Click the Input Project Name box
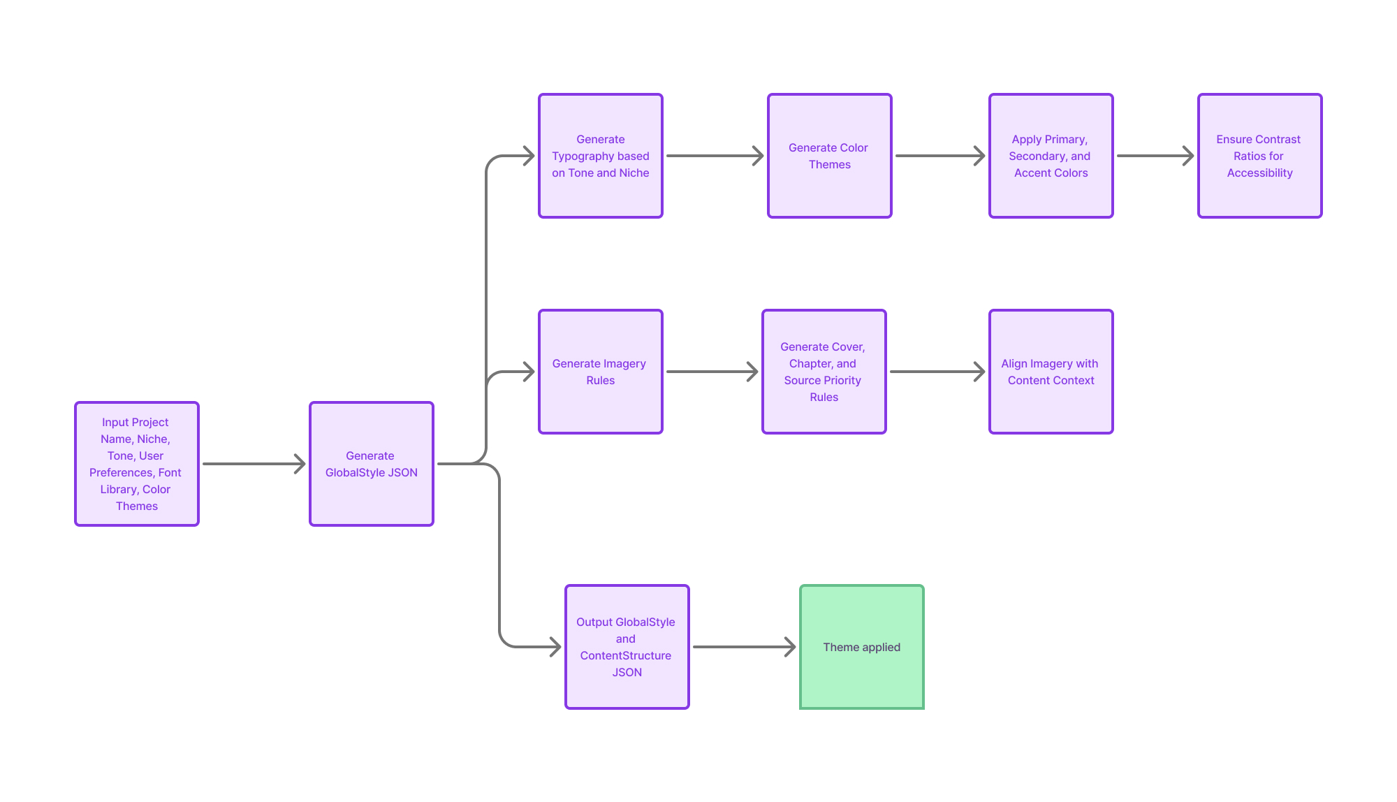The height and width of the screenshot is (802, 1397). point(137,464)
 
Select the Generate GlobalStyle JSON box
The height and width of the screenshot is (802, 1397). point(372,464)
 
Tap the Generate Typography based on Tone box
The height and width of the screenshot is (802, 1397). point(601,156)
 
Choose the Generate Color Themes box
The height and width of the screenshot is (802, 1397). point(830,156)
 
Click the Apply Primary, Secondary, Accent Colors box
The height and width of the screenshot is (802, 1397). point(1051,156)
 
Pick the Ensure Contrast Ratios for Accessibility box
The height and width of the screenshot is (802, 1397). point(1260,156)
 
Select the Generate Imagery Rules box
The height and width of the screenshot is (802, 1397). point(601,372)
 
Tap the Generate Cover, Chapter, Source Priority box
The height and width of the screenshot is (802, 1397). point(824,372)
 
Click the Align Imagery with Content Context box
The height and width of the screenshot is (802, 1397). point(1051,372)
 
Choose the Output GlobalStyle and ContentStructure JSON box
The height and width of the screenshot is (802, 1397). point(627,647)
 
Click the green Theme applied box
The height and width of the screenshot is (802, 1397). point(862,647)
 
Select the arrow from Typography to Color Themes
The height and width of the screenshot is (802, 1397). point(715,156)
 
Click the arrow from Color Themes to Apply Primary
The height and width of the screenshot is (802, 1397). point(940,156)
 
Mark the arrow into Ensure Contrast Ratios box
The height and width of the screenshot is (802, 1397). point(1155,156)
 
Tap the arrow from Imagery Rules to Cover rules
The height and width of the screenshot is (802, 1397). point(712,372)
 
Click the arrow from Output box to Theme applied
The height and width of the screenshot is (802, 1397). point(744,647)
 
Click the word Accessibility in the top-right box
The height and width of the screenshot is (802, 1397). point(1260,173)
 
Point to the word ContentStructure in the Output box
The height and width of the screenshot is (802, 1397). point(626,655)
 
